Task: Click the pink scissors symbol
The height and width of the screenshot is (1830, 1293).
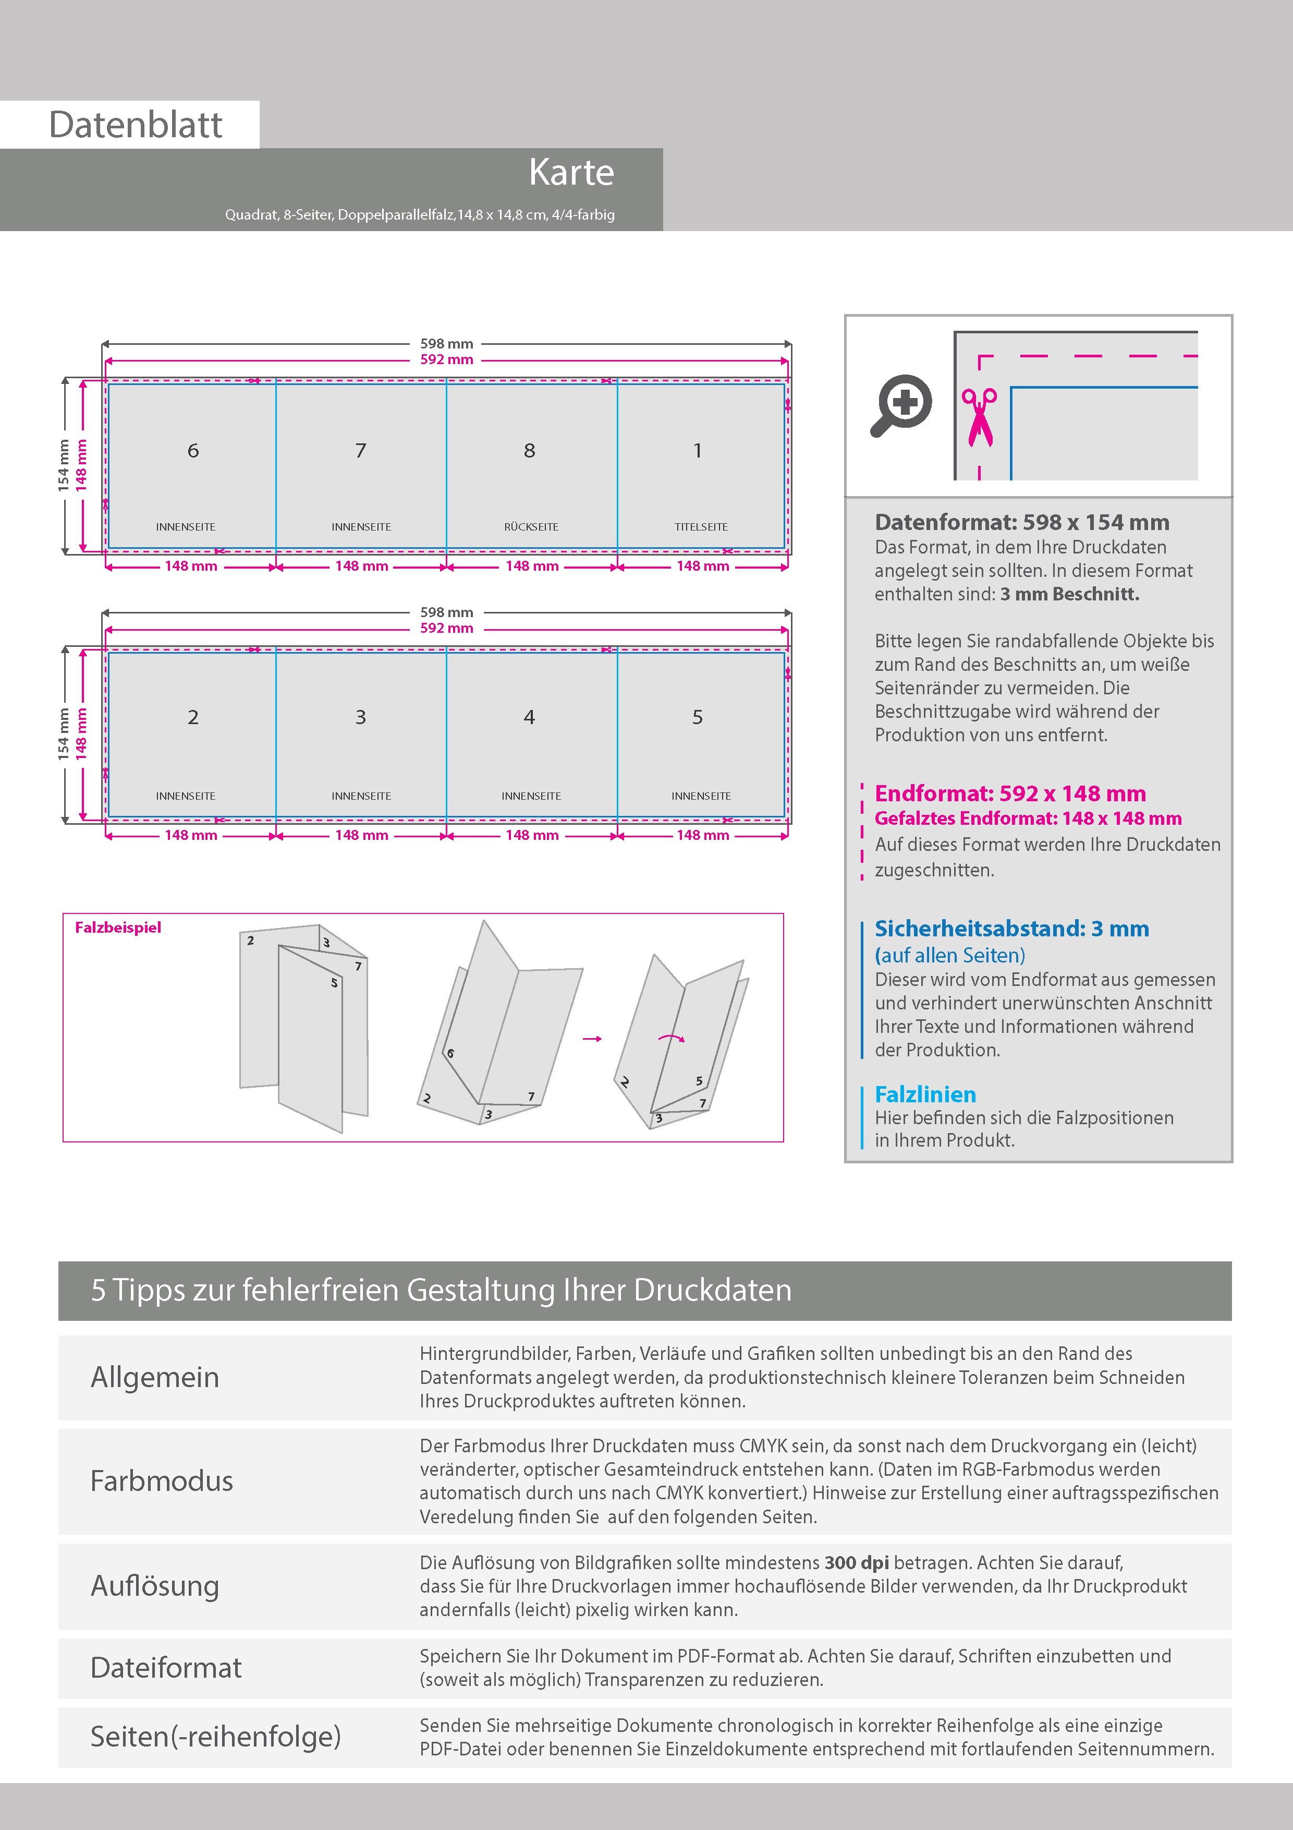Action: tap(979, 416)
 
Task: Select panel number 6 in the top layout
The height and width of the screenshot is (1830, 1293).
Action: tap(193, 451)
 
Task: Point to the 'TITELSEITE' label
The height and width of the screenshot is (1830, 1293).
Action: tap(701, 527)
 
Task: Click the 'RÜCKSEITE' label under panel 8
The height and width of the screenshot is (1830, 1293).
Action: tap(531, 527)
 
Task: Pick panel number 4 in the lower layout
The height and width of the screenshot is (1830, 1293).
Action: tap(529, 717)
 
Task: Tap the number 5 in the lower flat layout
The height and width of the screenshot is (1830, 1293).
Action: tap(697, 717)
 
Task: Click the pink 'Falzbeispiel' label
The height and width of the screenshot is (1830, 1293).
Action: tap(118, 928)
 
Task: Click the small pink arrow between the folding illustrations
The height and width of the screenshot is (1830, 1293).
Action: tap(592, 1039)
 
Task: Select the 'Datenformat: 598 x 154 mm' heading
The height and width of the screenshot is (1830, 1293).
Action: tap(1021, 523)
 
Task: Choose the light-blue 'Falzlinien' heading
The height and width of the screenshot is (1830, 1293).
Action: tap(925, 1094)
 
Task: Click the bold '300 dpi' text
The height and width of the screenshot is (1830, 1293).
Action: tap(857, 1562)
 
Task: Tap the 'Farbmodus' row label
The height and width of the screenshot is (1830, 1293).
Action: tap(162, 1481)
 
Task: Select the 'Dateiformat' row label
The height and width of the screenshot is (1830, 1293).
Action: tap(166, 1667)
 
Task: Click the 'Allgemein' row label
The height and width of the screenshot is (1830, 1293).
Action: tap(154, 1377)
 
